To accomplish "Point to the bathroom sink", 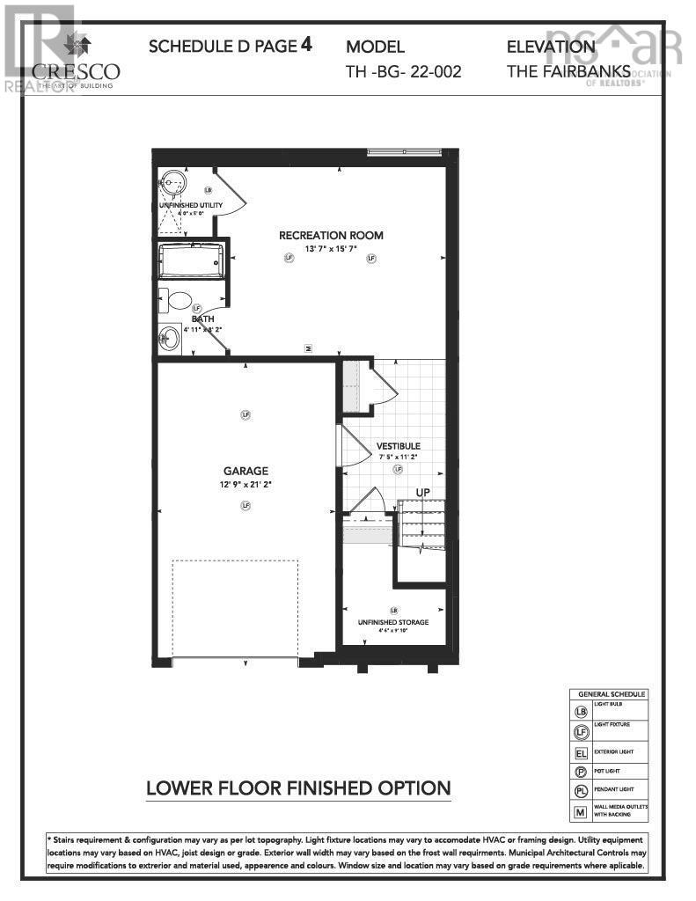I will [x=169, y=337].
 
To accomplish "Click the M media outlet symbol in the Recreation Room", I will [x=308, y=348].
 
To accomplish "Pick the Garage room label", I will [x=245, y=471].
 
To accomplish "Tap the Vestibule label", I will [x=398, y=446].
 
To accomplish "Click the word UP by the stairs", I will [x=422, y=492].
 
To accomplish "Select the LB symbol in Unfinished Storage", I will [x=393, y=610].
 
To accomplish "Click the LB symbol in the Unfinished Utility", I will [x=208, y=189].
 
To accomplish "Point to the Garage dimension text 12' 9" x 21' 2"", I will [x=245, y=485].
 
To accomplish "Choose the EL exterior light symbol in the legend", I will [x=580, y=753].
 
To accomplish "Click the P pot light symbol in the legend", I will [x=580, y=773].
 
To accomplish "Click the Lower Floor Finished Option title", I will [x=298, y=788].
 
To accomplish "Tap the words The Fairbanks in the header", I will [x=568, y=71].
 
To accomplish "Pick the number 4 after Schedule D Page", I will [x=306, y=44].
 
